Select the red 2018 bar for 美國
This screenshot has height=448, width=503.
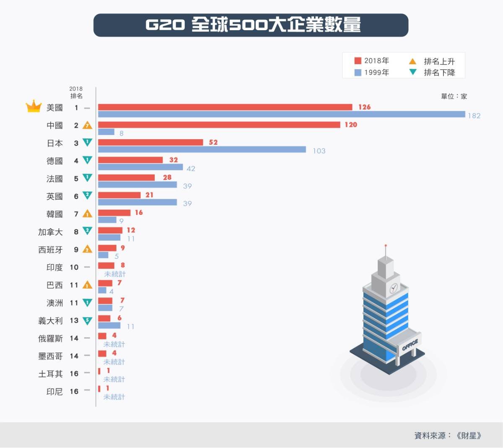[x=225, y=107]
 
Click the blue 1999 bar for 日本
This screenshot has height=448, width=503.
[x=202, y=150]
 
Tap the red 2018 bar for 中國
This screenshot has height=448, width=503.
[x=219, y=125]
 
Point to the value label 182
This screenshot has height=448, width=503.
[x=474, y=116]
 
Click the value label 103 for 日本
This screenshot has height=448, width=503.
[x=319, y=151]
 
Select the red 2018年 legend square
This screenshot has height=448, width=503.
[x=358, y=61]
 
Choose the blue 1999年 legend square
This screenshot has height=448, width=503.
[x=358, y=73]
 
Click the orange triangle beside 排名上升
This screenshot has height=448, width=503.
[x=413, y=61]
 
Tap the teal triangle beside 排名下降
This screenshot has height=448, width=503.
[x=413, y=72]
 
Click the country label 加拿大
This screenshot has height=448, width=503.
[x=50, y=232]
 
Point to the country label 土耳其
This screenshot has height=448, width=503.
[x=50, y=374]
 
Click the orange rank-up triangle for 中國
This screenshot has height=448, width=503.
[x=87, y=125]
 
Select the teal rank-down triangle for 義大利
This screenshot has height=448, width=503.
[x=87, y=321]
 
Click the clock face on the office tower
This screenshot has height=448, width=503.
[x=394, y=288]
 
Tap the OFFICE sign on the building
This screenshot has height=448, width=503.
[x=410, y=345]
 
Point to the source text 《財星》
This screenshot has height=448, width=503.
[x=469, y=436]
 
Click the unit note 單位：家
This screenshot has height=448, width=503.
[x=454, y=96]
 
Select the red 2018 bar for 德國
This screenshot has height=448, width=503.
[x=130, y=160]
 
